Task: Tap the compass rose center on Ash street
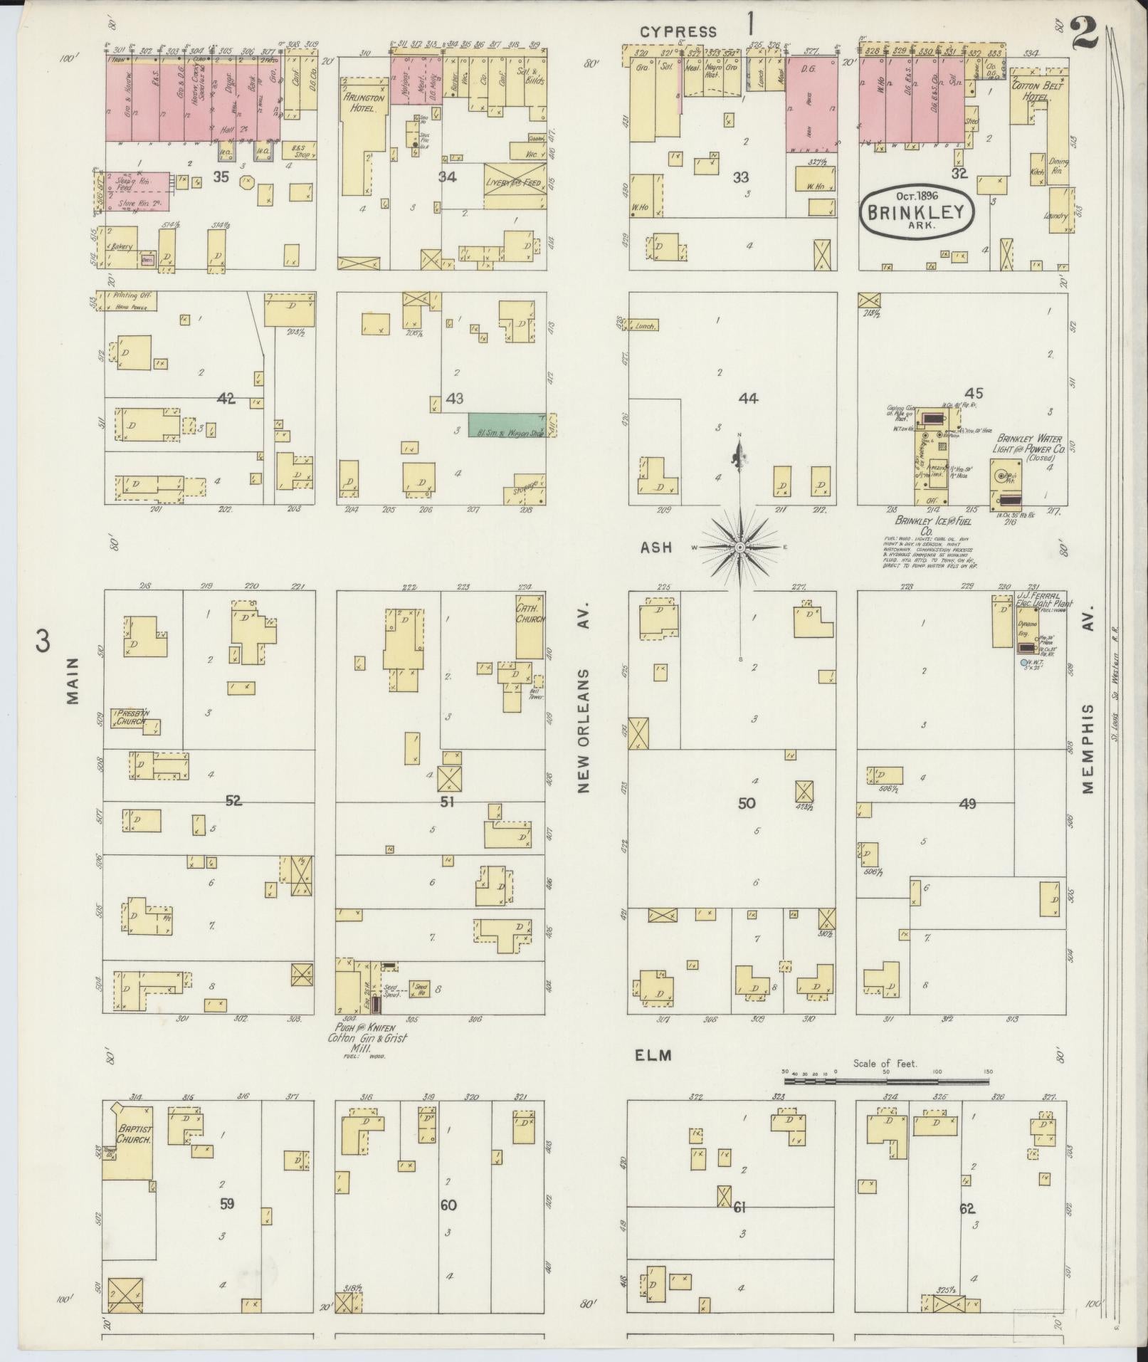[x=739, y=547]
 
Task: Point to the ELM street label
[x=653, y=1055]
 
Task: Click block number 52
[x=233, y=801]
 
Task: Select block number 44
[x=748, y=399]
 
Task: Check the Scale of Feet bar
[x=886, y=1101]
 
